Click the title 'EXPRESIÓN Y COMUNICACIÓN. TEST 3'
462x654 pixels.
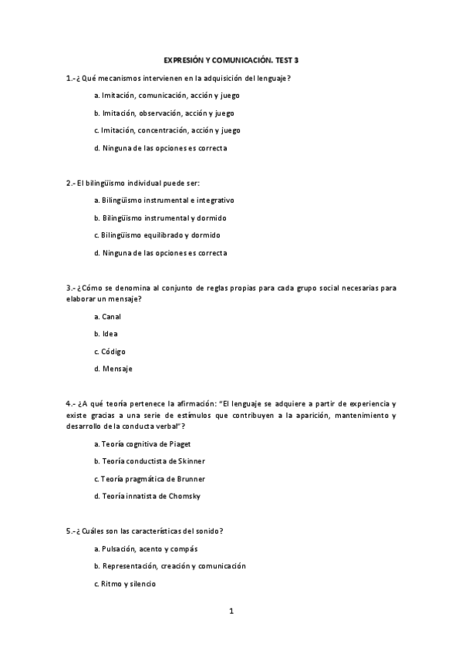point(231,59)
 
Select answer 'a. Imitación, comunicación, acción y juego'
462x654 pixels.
point(167,96)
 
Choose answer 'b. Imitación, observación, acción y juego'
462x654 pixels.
point(164,113)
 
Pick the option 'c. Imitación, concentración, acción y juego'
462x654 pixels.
point(167,130)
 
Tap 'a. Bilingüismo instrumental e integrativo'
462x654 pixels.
point(164,200)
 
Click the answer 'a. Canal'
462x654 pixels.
point(107,316)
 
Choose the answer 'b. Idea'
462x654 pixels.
point(106,334)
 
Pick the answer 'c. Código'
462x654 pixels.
point(109,351)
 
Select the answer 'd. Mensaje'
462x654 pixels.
point(113,369)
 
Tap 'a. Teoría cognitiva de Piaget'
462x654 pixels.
point(142,444)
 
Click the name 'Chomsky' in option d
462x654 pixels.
point(185,496)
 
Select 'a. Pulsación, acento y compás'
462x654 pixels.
point(146,549)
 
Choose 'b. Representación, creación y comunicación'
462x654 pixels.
point(169,566)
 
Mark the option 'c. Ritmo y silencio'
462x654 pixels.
point(124,584)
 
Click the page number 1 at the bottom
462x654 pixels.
point(231,612)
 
